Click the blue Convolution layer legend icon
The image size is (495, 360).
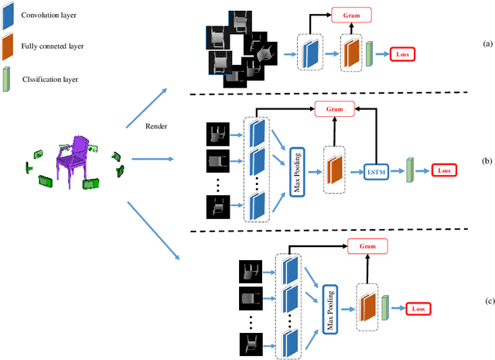[7, 14]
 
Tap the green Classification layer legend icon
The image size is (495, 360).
[7, 77]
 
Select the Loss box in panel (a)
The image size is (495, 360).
[402, 53]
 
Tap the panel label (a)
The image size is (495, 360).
[486, 43]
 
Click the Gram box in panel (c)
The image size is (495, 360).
[367, 245]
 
